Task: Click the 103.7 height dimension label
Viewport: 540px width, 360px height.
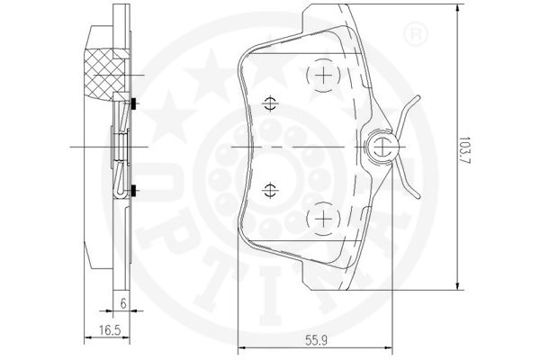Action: (x=465, y=150)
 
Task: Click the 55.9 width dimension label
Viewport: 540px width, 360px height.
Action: (x=317, y=341)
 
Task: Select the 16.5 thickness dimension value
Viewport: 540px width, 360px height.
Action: (x=110, y=330)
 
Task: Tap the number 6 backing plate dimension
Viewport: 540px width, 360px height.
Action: (x=123, y=303)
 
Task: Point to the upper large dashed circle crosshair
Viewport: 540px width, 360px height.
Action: (x=323, y=75)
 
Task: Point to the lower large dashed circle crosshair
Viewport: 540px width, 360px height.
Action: (x=323, y=219)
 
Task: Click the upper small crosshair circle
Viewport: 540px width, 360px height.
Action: (x=270, y=103)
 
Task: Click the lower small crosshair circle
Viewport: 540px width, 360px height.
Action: (x=270, y=190)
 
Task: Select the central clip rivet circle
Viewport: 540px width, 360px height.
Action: (x=382, y=147)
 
